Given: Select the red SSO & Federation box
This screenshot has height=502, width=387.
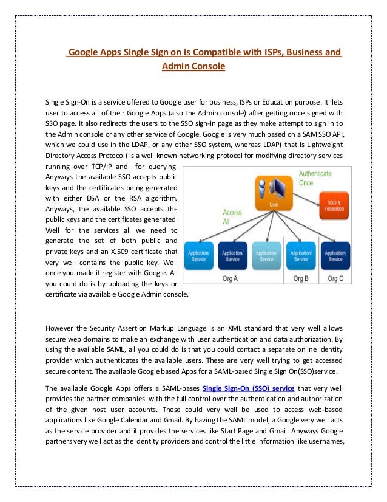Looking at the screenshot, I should tap(332, 205).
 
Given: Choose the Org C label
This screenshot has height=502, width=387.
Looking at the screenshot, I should tap(335, 278).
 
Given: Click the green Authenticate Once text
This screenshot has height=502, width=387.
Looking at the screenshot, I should tap(315, 177).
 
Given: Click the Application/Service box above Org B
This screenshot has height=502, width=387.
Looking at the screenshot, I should tap(300, 255).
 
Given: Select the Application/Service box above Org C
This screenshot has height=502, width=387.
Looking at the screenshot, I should tap(335, 255).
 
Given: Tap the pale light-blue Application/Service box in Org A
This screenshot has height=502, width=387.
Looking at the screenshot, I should tap(266, 255).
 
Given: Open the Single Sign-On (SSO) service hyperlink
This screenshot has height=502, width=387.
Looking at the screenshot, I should tap(248, 387).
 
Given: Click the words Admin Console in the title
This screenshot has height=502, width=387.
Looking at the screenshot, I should tap(193, 65).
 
